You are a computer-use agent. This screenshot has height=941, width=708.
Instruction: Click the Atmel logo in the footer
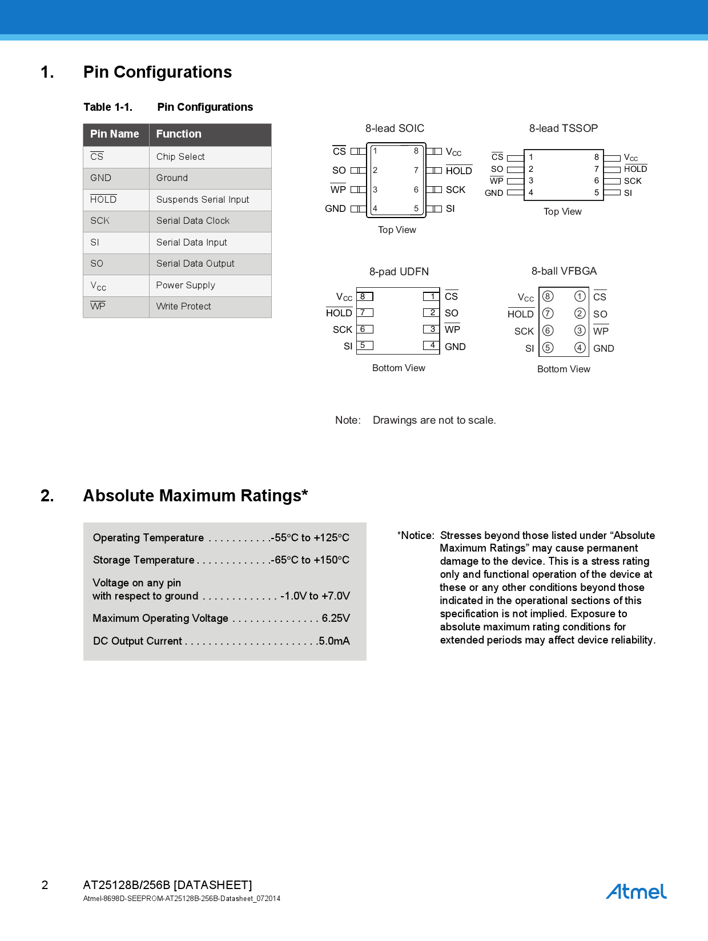(x=636, y=891)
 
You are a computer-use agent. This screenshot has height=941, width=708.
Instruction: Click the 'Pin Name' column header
(x=115, y=134)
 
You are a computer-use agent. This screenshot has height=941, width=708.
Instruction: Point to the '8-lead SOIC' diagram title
(x=395, y=128)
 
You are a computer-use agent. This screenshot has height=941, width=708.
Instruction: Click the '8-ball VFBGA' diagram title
(x=564, y=271)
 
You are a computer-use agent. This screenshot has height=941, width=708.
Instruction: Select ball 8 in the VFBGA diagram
(x=548, y=296)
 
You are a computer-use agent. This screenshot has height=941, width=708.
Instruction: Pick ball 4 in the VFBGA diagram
(x=580, y=348)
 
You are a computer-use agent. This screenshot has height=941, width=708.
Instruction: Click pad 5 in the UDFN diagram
(x=364, y=345)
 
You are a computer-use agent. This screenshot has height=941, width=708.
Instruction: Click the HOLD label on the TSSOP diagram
(x=635, y=169)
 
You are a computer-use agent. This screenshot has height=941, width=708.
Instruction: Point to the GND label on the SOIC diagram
(x=335, y=209)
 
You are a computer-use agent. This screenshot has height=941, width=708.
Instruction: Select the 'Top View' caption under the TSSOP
(x=562, y=212)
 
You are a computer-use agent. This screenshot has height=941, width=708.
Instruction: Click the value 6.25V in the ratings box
(x=336, y=618)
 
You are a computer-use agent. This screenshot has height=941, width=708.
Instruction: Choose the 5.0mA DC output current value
(x=335, y=641)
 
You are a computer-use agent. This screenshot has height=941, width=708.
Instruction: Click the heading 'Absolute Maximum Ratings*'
(x=195, y=496)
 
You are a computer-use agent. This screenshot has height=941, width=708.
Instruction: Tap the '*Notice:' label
(x=416, y=536)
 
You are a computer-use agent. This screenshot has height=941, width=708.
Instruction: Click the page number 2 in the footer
(x=45, y=885)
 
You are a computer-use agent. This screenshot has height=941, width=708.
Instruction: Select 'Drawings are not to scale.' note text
(x=434, y=420)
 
